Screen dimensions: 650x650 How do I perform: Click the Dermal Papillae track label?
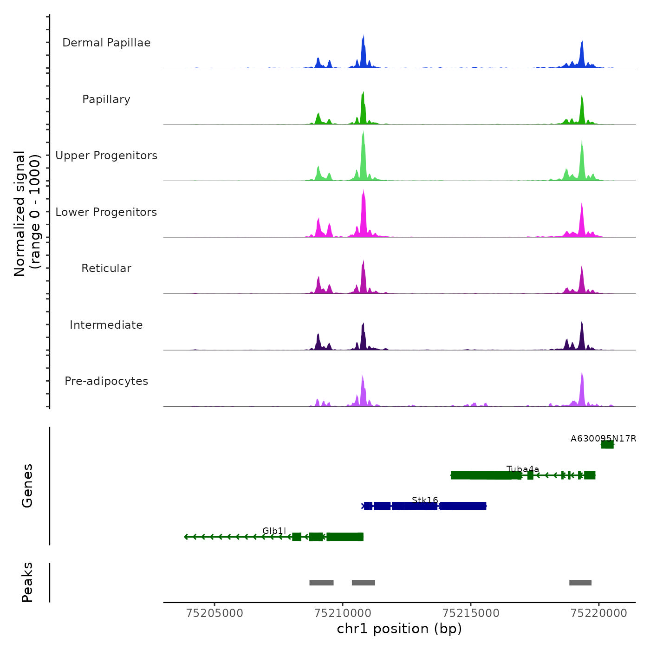pos(106,43)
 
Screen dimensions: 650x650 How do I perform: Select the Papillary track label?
pos(106,99)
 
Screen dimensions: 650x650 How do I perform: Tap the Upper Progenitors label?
pos(106,156)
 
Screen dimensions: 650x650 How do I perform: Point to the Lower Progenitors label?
pos(106,212)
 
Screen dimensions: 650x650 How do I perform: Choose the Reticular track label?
pos(106,268)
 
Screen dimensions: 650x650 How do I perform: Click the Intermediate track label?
pos(106,325)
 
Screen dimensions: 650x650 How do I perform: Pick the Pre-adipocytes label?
pos(106,381)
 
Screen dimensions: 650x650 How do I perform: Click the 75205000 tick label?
pos(214,613)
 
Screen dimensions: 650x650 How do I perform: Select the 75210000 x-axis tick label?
pos(343,613)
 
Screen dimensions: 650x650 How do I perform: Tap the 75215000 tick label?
pos(471,613)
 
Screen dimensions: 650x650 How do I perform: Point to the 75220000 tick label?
pos(599,613)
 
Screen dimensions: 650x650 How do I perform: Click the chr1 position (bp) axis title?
pos(399,629)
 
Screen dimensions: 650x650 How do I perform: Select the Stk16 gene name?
pos(425,500)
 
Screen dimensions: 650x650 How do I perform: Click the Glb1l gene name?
pos(274,531)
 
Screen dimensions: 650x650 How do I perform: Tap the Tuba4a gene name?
pos(523,469)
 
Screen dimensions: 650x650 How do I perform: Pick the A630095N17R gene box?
pos(607,445)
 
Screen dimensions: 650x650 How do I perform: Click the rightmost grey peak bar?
pos(580,583)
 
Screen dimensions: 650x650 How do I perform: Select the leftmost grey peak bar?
pos(321,583)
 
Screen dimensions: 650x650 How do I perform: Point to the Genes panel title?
pos(27,486)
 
